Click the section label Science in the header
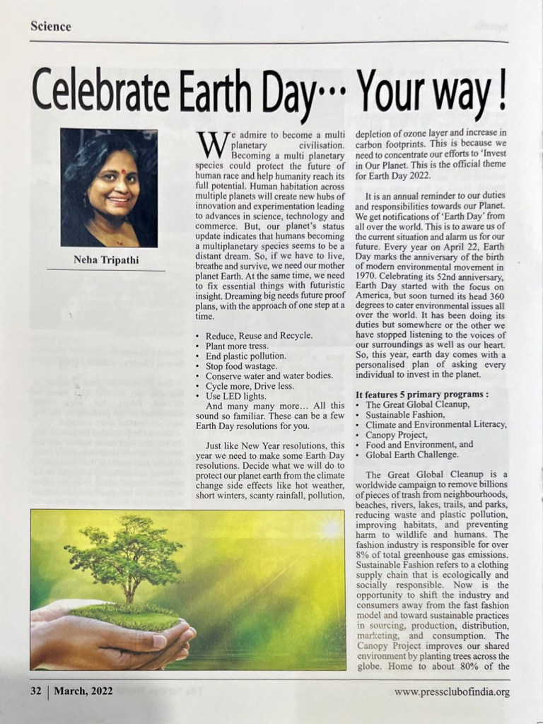pos(51,26)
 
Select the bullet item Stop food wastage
pos(240,366)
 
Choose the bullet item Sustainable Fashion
pos(405,414)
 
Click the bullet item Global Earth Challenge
pos(412,454)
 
